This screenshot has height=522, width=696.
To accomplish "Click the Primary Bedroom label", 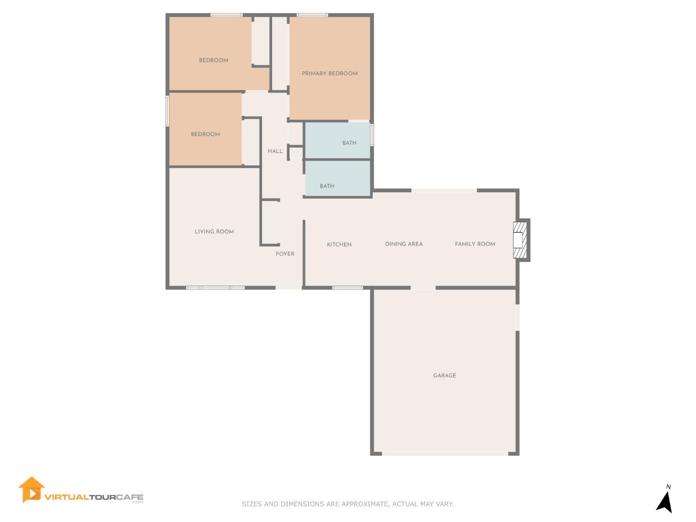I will (x=330, y=73).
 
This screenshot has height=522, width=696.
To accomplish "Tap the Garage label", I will (x=444, y=376).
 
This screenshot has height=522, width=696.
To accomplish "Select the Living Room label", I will (x=214, y=232).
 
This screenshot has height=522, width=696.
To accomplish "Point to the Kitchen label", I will (x=339, y=245).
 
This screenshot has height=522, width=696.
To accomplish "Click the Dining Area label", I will (x=404, y=244).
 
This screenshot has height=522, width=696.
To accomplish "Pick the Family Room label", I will (x=475, y=244).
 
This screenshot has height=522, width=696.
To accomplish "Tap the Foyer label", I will (x=285, y=254).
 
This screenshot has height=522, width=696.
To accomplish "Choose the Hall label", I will (x=275, y=151).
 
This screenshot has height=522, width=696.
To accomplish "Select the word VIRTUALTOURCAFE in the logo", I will (x=94, y=497).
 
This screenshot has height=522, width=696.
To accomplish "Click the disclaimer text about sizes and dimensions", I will (x=348, y=504).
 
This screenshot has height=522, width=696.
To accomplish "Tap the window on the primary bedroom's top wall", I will (x=312, y=15).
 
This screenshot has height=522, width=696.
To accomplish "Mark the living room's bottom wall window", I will (x=216, y=288).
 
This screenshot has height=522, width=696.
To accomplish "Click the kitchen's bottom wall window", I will (x=347, y=288).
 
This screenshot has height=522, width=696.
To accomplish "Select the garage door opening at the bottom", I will (x=445, y=453).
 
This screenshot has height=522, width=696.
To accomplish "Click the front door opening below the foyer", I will (x=289, y=288).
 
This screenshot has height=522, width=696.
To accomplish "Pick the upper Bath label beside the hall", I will (x=349, y=143).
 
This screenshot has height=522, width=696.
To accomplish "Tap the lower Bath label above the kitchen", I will (x=327, y=186).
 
